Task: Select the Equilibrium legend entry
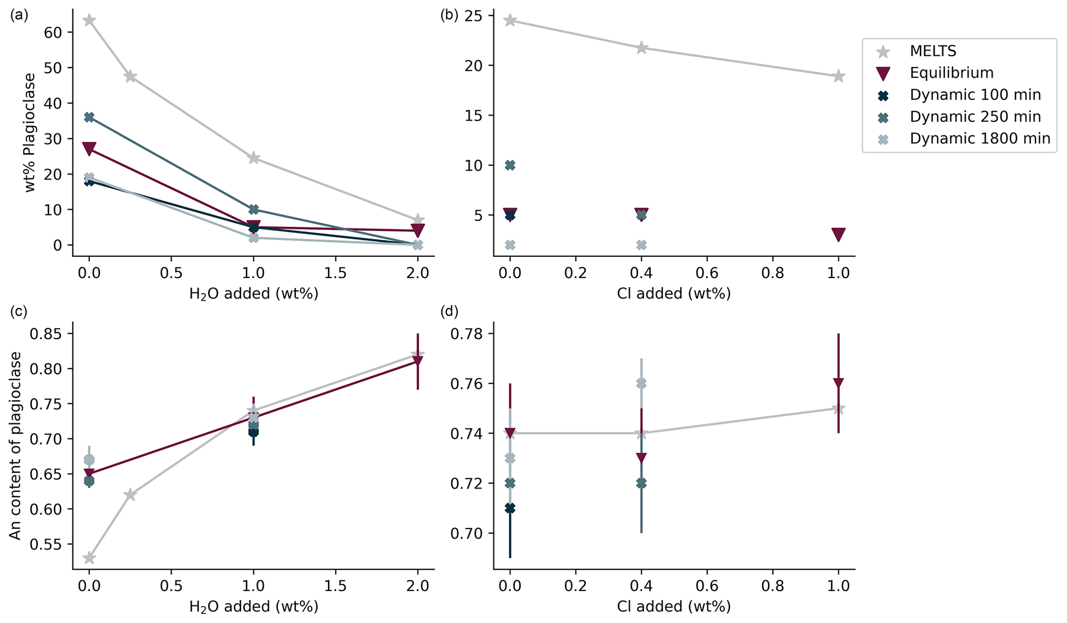(x=951, y=73)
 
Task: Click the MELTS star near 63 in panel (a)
(x=89, y=20)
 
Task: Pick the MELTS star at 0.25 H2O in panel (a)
(x=130, y=76)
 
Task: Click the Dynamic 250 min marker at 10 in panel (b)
(x=510, y=165)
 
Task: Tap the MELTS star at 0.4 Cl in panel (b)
(x=641, y=48)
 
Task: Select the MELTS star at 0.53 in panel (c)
(x=89, y=558)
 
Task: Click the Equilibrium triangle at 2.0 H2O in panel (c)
(x=418, y=362)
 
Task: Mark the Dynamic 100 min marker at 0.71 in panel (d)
(x=510, y=508)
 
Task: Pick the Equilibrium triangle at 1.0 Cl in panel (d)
(x=838, y=383)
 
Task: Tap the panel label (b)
(x=449, y=15)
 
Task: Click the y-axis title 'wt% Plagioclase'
(x=30, y=133)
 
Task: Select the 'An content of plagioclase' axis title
(x=15, y=446)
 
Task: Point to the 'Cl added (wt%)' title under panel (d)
(x=674, y=606)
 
